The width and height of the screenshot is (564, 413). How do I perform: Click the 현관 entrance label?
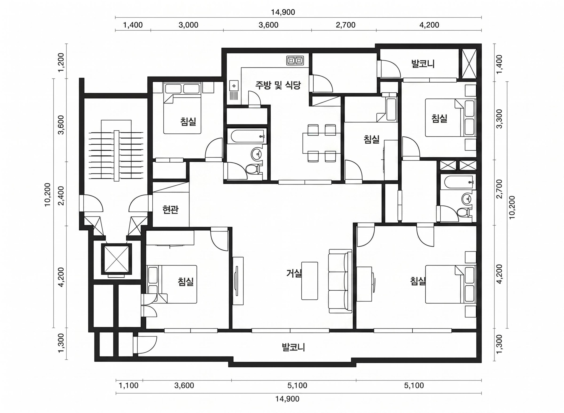pyautogui.click(x=170, y=210)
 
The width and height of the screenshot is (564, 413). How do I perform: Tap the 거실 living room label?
pyautogui.click(x=294, y=273)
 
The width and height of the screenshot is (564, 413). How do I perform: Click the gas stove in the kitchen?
pyautogui.click(x=295, y=61)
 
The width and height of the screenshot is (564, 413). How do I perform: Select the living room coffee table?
pyautogui.click(x=310, y=281)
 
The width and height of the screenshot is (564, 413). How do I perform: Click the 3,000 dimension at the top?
pyautogui.click(x=188, y=25)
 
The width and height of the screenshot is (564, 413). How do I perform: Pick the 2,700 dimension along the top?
pyautogui.click(x=346, y=25)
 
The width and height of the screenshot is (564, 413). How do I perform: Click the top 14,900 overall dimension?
pyautogui.click(x=283, y=12)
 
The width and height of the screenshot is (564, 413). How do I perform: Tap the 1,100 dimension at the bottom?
pyautogui.click(x=129, y=386)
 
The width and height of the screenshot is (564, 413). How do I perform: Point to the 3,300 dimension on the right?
pyautogui.click(x=499, y=119)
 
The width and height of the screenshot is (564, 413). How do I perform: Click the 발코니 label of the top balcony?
pyautogui.click(x=423, y=64)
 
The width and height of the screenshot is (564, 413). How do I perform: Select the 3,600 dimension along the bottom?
pyautogui.click(x=184, y=386)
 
